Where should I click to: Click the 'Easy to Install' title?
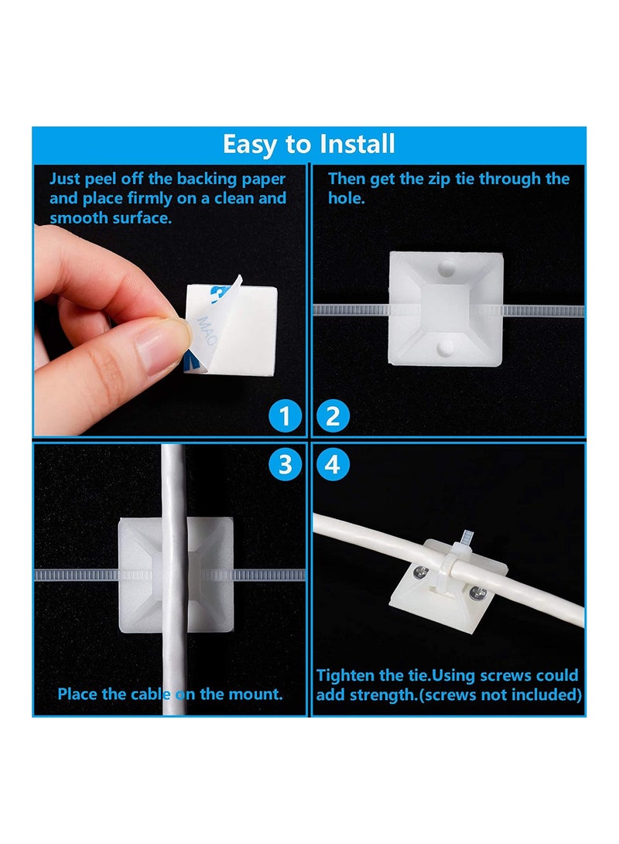click(309, 144)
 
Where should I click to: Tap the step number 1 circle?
click(286, 417)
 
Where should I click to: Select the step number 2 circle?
click(333, 417)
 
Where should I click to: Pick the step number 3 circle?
click(286, 464)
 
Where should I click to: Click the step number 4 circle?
click(333, 464)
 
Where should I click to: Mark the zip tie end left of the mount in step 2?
click(348, 309)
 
